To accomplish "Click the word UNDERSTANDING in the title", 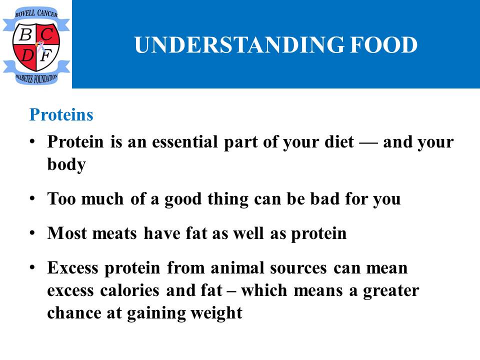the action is (239, 45).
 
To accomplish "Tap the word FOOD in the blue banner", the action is (384, 45).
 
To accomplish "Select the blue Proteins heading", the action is (61, 115).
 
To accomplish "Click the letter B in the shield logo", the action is (25, 34).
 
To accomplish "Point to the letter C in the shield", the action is (47, 33).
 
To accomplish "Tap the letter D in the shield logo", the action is (27, 55).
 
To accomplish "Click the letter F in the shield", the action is (46, 55).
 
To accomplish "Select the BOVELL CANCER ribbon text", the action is (36, 13).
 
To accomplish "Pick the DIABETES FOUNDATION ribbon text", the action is (36, 78).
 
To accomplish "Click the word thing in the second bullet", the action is (228, 199).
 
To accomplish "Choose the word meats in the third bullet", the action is (114, 233).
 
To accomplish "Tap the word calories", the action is (129, 290).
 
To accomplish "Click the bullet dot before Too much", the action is (32, 199).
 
